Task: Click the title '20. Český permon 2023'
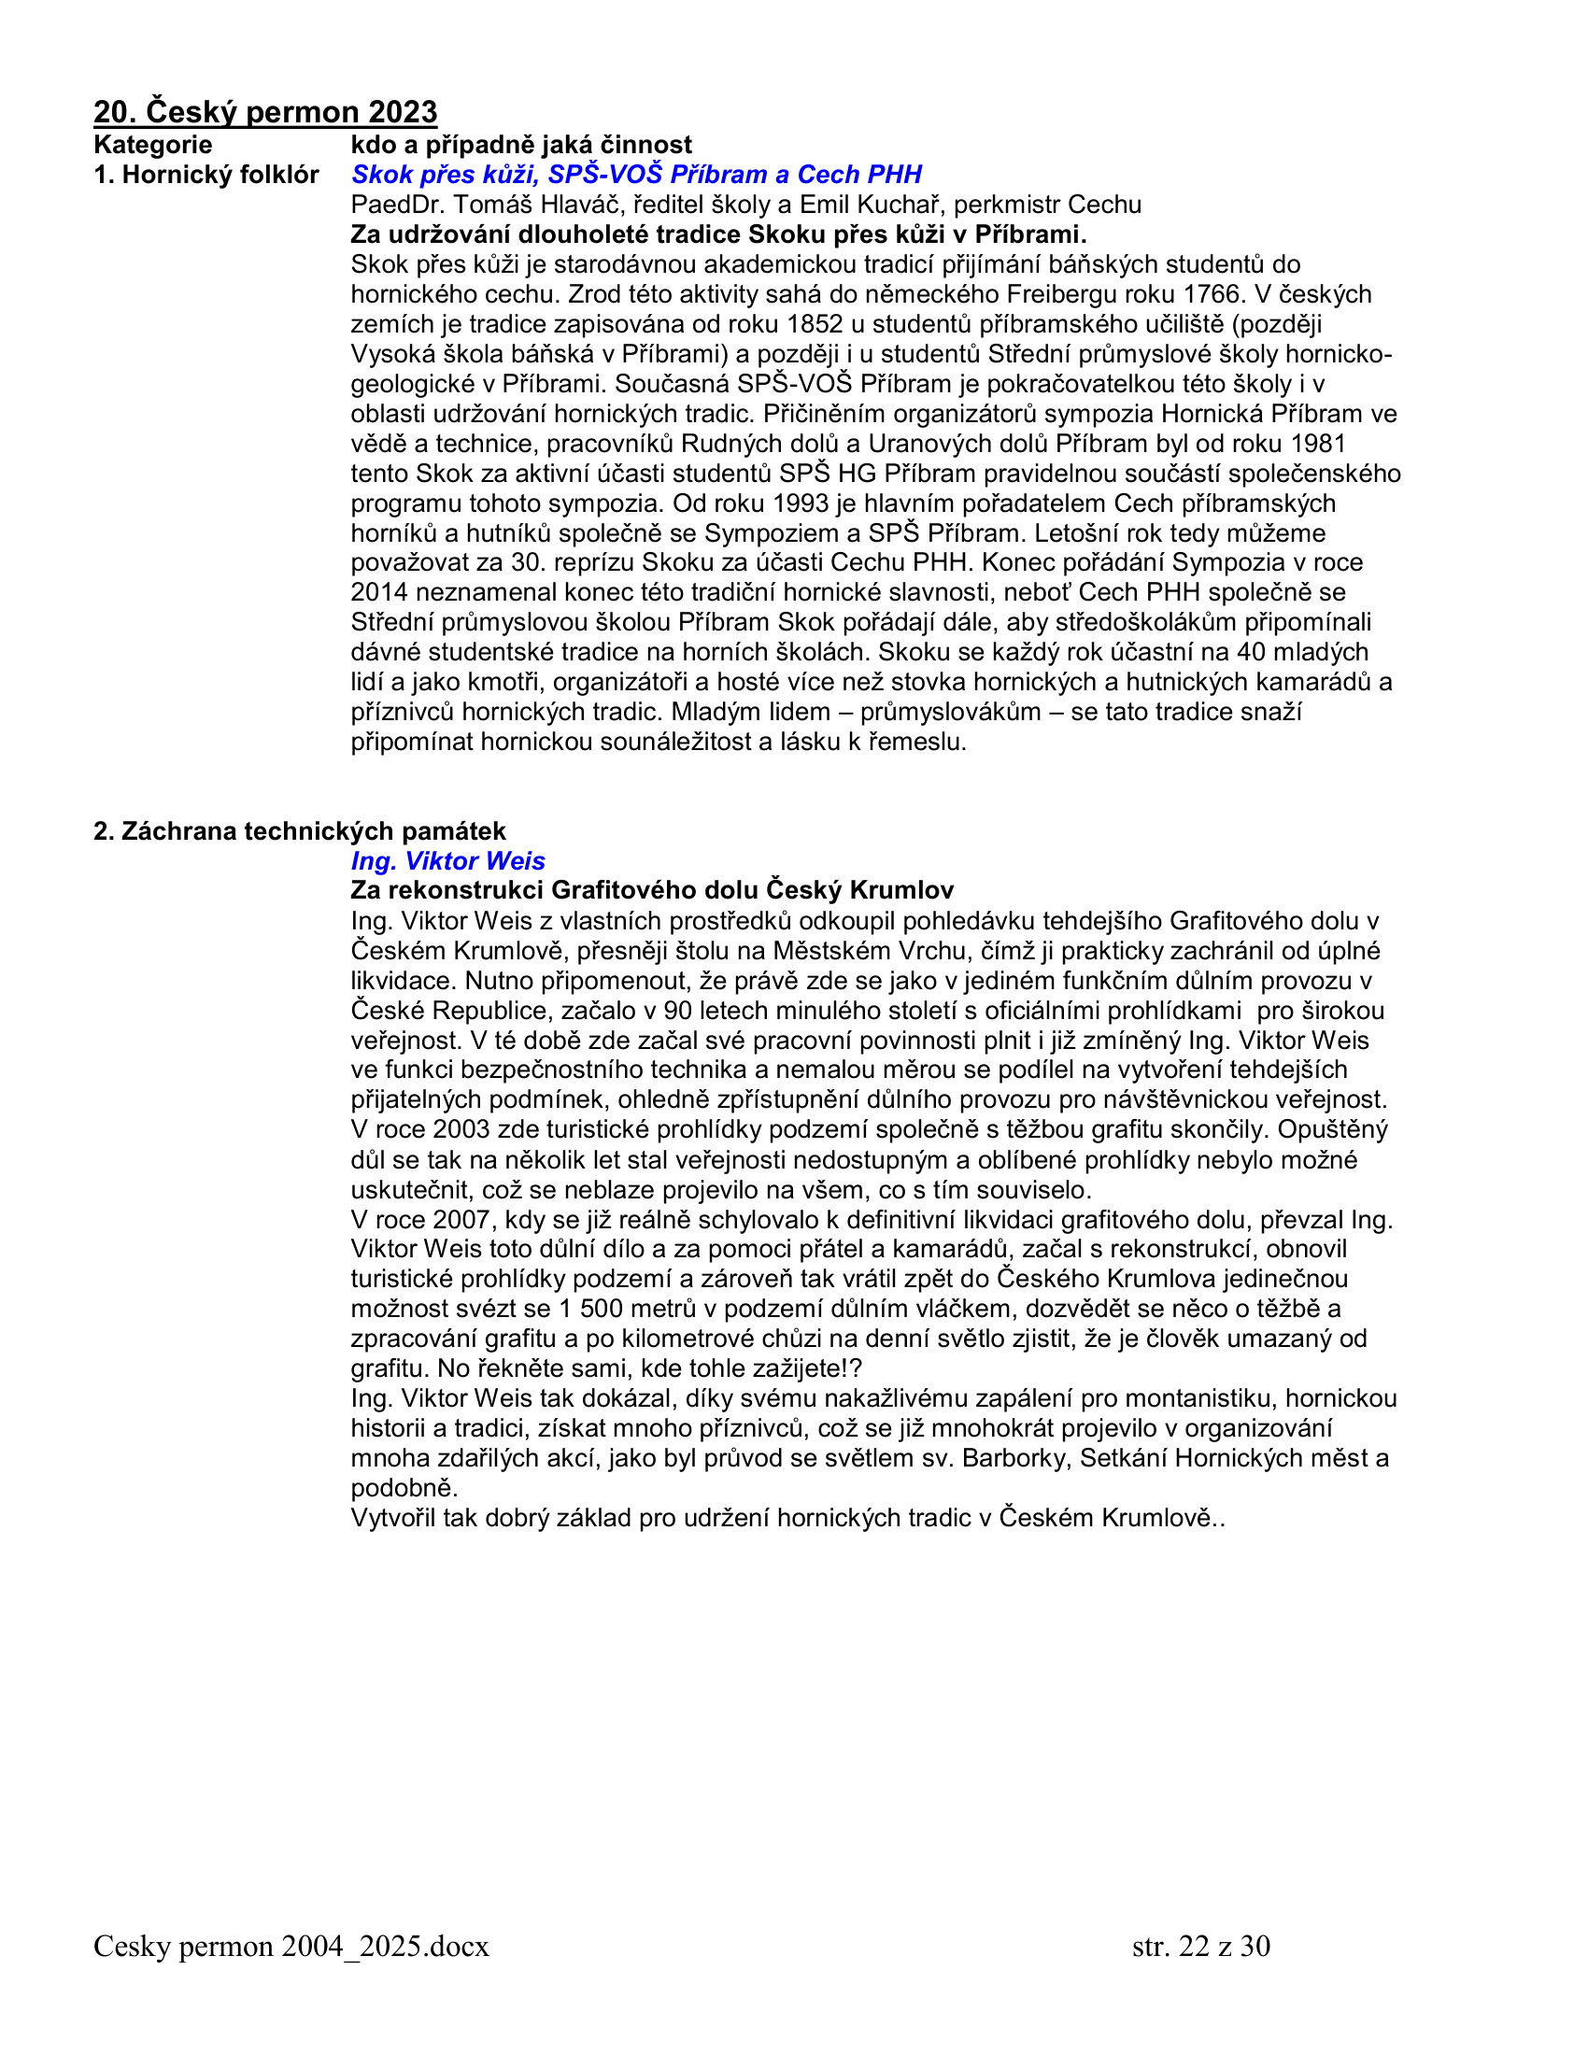pyautogui.click(x=265, y=112)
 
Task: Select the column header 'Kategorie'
pyautogui.click(x=152, y=145)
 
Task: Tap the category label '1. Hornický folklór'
pyautogui.click(x=206, y=175)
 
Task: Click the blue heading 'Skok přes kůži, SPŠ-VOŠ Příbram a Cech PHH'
pyautogui.click(x=636, y=175)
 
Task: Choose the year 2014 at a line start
pyautogui.click(x=379, y=593)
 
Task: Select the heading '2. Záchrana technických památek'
pyautogui.click(x=299, y=831)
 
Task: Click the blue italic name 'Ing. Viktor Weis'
pyautogui.click(x=447, y=862)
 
